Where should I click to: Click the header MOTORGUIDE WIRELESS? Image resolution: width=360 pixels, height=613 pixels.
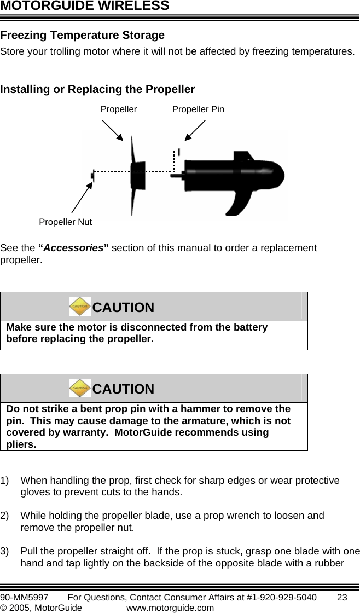point(85,7)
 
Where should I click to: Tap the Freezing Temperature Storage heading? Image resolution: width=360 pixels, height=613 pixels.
point(83,36)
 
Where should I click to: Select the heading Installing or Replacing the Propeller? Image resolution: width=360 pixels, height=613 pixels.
point(98,89)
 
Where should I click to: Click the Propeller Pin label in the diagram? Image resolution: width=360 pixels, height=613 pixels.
point(198,109)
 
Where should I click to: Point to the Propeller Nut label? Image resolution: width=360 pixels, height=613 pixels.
point(65,222)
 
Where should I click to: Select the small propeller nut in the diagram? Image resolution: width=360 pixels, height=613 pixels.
point(92,176)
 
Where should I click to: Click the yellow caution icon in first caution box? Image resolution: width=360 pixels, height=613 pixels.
point(80,307)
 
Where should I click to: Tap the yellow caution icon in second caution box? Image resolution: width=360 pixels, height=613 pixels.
point(80,388)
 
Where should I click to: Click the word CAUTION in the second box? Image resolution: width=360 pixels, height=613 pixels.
point(123,389)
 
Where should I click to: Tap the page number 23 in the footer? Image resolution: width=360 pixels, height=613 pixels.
point(342,597)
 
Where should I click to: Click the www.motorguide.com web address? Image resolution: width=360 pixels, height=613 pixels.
point(170,607)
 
